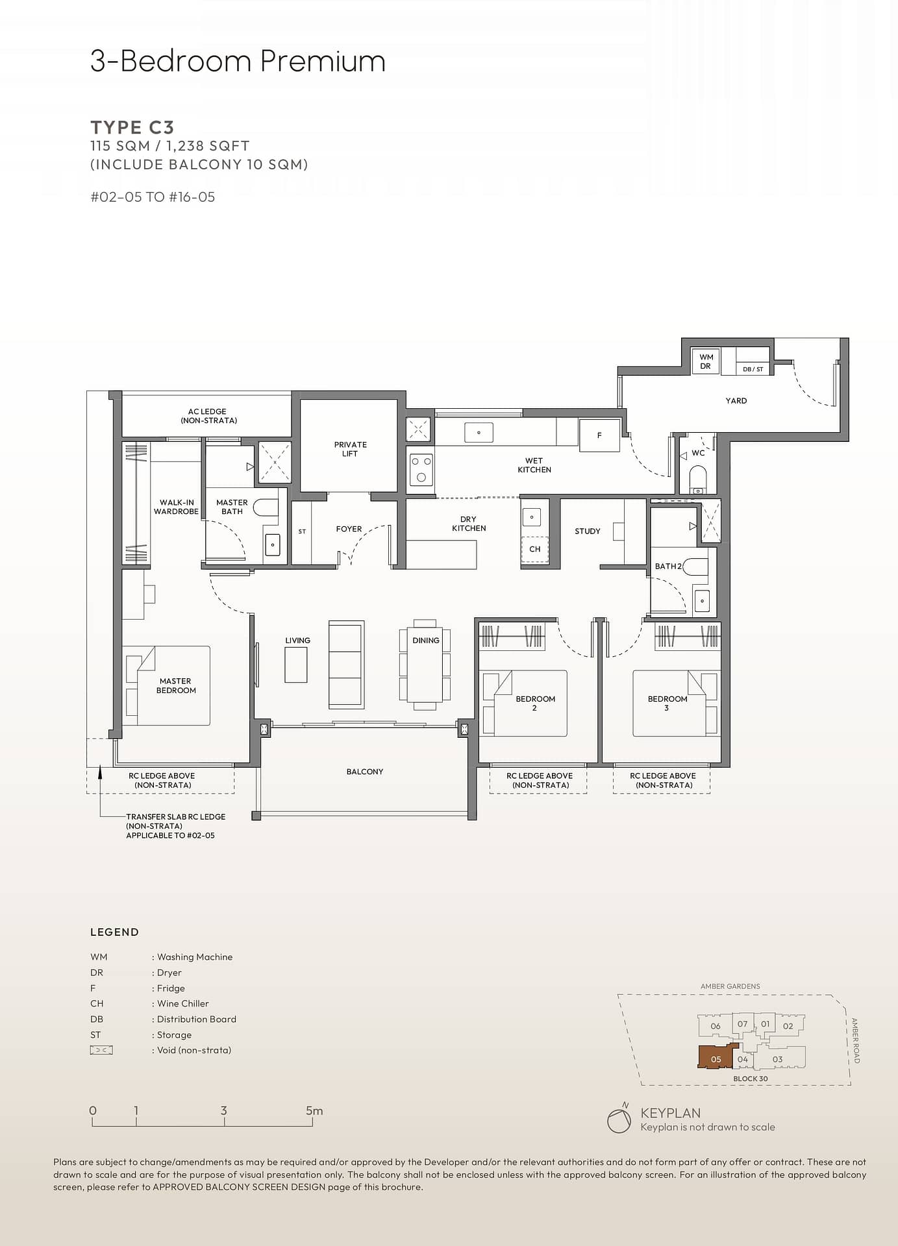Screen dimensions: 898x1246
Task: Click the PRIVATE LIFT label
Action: point(350,449)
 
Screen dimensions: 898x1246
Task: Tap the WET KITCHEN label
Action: point(534,465)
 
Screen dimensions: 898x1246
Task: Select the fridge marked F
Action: point(599,435)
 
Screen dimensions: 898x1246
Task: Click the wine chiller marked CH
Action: point(535,549)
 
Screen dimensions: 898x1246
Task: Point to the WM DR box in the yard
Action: point(706,361)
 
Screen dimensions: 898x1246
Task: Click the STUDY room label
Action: point(588,531)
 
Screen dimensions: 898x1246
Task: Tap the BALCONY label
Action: point(365,772)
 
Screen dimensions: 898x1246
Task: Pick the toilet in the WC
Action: point(697,479)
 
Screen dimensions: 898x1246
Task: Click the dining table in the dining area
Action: point(425,664)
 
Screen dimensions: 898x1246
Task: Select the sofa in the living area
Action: point(346,664)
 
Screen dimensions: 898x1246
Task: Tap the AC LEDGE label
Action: point(208,416)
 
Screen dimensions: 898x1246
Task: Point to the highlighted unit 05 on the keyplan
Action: point(716,1057)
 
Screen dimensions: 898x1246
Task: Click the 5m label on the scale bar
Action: point(314,1110)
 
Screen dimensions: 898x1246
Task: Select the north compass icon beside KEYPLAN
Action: point(619,1119)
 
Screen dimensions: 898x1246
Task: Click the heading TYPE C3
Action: point(132,127)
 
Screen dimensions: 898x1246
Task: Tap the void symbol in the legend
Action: point(101,1050)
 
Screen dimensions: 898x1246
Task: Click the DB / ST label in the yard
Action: point(753,369)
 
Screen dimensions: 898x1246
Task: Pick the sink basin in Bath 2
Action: point(702,601)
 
